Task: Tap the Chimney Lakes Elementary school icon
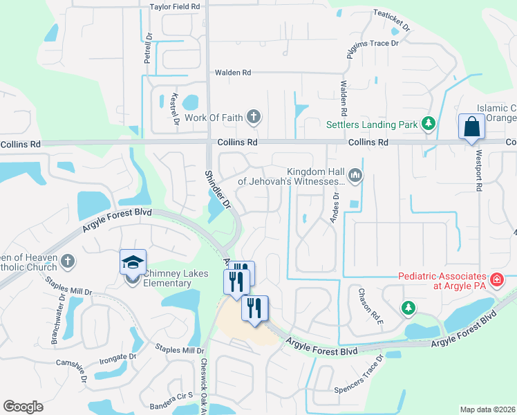click(133, 263)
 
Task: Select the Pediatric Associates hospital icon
click(496, 279)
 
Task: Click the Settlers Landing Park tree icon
click(429, 124)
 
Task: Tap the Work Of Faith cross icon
click(254, 117)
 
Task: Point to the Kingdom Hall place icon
click(355, 176)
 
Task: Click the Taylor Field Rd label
click(175, 6)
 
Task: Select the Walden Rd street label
click(232, 72)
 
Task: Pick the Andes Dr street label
click(336, 205)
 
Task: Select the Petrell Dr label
click(147, 48)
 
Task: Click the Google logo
click(23, 407)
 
